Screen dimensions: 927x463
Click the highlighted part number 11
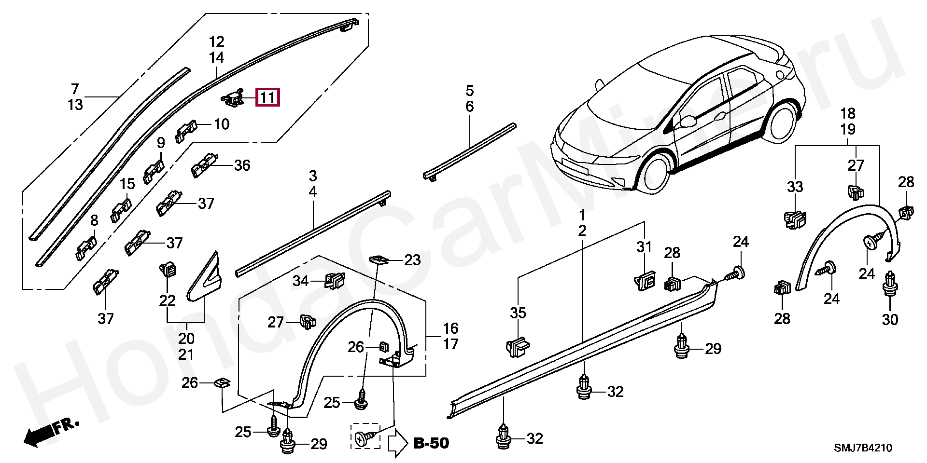point(267,98)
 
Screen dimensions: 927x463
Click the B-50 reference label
point(431,443)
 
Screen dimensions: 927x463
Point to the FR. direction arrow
point(51,432)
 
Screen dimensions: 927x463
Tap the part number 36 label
point(242,165)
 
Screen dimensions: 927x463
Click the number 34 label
point(300,280)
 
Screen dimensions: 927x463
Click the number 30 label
point(890,319)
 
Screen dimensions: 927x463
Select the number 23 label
point(412,260)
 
